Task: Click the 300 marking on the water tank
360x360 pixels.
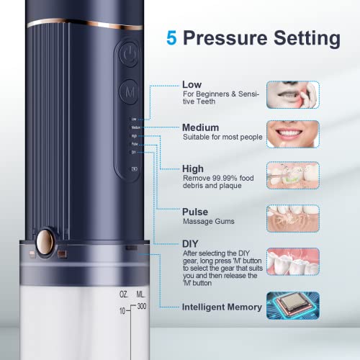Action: (141, 307)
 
